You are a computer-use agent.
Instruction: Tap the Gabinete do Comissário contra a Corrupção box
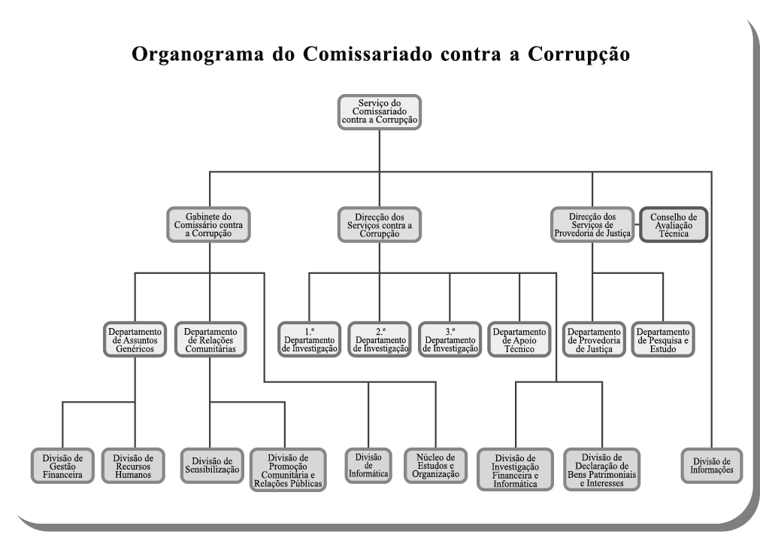click(209, 224)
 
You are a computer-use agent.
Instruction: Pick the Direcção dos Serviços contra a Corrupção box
click(379, 224)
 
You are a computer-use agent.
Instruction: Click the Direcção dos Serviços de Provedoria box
click(592, 224)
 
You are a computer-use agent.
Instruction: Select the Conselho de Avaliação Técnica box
click(673, 224)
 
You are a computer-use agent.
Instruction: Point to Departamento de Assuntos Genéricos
click(135, 340)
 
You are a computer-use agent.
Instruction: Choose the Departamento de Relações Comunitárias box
click(210, 340)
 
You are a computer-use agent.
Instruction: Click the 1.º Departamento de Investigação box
click(309, 340)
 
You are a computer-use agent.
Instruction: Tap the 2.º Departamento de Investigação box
click(379, 340)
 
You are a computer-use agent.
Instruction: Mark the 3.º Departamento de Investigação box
click(450, 340)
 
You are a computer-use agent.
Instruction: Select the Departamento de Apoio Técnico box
click(519, 340)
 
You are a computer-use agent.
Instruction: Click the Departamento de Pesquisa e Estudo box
click(663, 340)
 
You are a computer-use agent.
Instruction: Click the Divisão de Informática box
click(368, 467)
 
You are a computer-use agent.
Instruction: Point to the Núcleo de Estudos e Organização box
click(435, 467)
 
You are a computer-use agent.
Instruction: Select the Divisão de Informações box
click(710, 467)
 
